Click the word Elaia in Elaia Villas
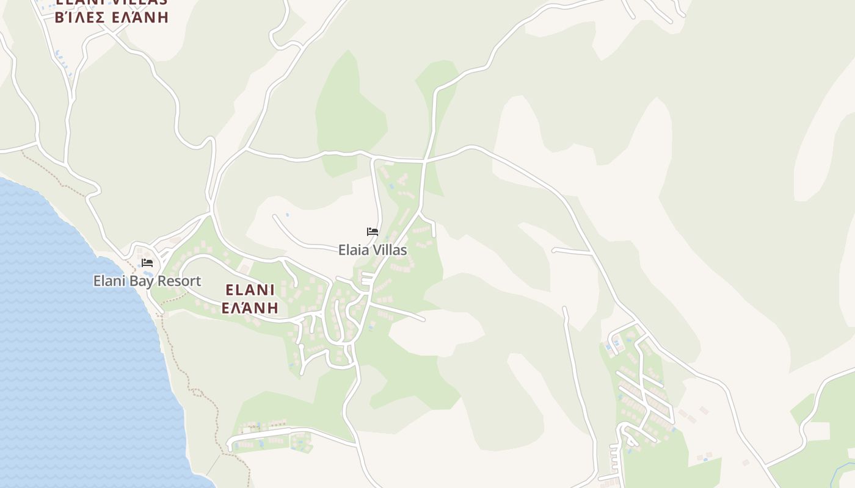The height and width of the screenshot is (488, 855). (x=354, y=250)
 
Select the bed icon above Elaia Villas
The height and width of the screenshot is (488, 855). (x=373, y=232)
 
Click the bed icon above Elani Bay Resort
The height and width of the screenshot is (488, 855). (x=147, y=263)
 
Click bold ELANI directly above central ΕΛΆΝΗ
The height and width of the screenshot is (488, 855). (x=250, y=290)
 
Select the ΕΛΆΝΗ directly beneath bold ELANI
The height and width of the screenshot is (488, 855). (x=250, y=307)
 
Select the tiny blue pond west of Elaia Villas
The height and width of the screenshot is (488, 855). (x=288, y=215)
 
